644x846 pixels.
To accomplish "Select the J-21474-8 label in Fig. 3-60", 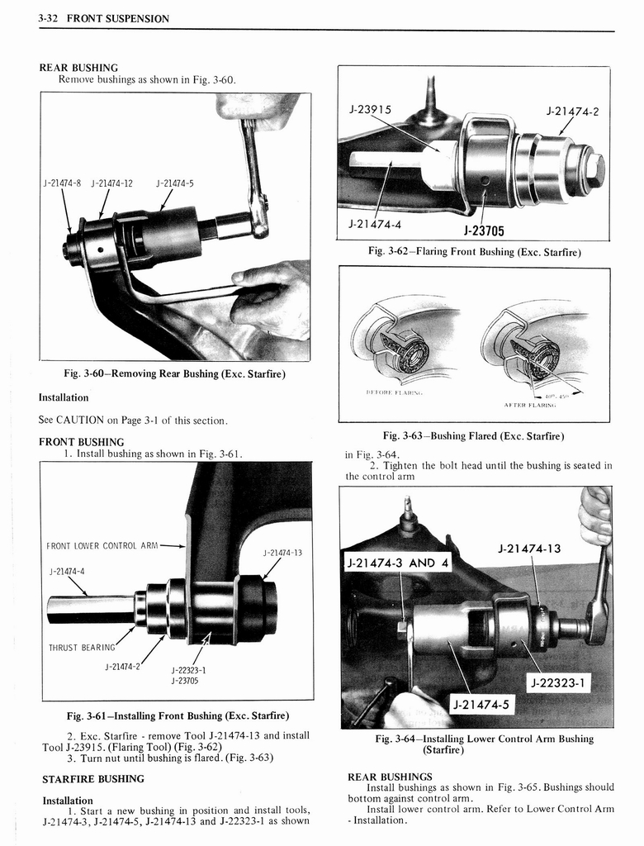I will (63, 183).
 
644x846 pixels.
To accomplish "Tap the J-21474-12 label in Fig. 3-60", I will (111, 183).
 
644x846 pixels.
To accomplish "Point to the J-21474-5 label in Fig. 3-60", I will (174, 183).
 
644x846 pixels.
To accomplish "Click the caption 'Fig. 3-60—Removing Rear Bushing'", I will (174, 374).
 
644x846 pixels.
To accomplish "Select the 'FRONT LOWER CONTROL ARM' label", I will (102, 545).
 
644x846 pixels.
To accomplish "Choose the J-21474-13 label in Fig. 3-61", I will (282, 552).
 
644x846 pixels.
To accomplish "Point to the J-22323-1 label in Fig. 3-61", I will (188, 670).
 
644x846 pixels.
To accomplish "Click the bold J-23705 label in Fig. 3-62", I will (483, 231).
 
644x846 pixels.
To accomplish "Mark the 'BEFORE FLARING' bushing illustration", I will (395, 340).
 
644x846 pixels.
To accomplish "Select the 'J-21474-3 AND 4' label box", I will (399, 563).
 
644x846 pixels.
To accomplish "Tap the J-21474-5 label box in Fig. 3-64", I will (480, 704).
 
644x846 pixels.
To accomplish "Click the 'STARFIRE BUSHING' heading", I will (93, 778).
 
